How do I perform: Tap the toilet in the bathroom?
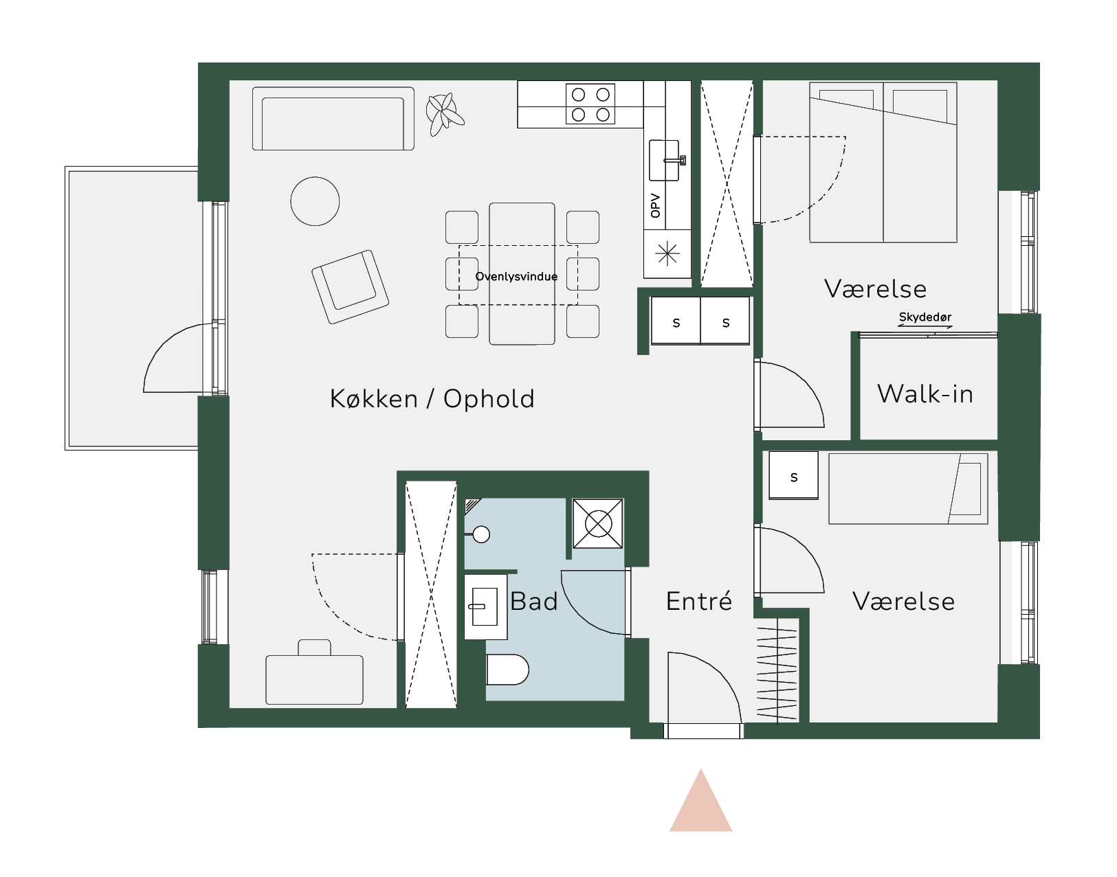coord(507,670)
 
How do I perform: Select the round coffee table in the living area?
coord(315,201)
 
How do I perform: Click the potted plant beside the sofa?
coord(445,113)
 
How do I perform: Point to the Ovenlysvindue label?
coord(517,277)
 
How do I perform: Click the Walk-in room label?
coord(925,394)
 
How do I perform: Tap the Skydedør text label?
coord(925,317)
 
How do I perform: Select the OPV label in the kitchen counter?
coord(655,206)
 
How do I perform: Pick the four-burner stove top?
coord(590,104)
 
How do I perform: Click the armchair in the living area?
coord(350,287)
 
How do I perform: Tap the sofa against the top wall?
coord(333,119)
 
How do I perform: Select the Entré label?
coord(699,602)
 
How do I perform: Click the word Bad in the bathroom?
coord(534,602)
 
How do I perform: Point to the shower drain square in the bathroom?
coord(598,524)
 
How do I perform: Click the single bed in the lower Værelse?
coord(908,488)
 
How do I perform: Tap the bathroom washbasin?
coord(486,607)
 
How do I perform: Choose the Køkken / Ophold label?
coord(432,399)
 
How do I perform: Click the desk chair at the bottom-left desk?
coord(314,648)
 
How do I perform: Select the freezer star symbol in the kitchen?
coord(667,253)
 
